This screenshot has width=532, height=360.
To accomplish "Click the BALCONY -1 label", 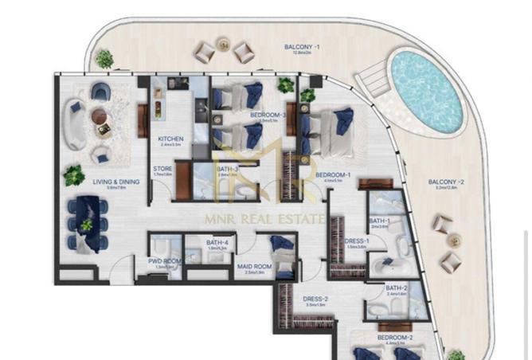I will (303, 48).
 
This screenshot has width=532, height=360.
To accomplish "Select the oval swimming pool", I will (427, 92).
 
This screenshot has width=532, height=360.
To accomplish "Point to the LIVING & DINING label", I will (116, 182).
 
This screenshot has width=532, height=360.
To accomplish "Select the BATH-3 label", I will (205, 169).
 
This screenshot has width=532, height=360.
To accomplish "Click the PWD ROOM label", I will (165, 260).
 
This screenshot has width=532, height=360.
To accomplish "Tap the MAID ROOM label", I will (260, 266).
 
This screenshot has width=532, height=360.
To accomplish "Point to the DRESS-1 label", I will (355, 241).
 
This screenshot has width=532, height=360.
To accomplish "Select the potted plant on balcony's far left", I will (104, 58).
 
